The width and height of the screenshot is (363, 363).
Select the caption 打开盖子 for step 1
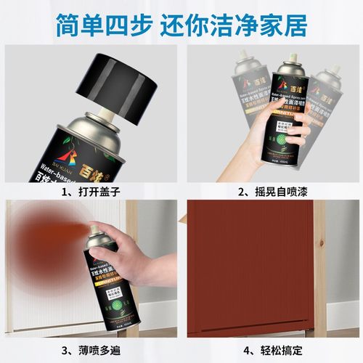(92, 172)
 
